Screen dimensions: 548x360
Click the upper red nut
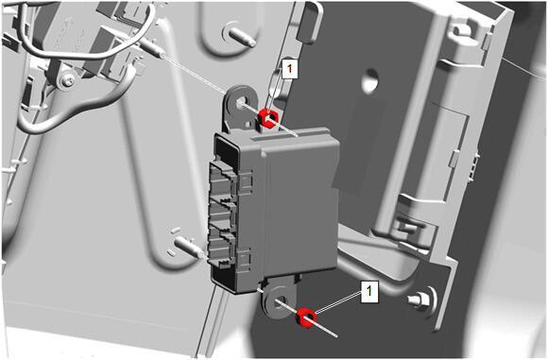click(267, 118)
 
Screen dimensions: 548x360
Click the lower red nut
click(306, 318)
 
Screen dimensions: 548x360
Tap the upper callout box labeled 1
click(289, 69)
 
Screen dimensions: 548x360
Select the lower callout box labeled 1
click(369, 290)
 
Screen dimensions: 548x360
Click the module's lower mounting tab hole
click(280, 301)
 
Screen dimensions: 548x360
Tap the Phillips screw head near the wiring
click(68, 81)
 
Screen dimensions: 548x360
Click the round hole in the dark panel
click(370, 80)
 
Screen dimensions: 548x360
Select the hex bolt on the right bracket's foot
click(421, 300)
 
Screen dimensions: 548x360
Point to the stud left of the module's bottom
click(189, 246)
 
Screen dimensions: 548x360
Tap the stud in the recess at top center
click(242, 36)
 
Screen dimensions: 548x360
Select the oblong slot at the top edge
click(310, 23)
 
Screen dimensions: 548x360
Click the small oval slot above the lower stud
click(176, 231)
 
